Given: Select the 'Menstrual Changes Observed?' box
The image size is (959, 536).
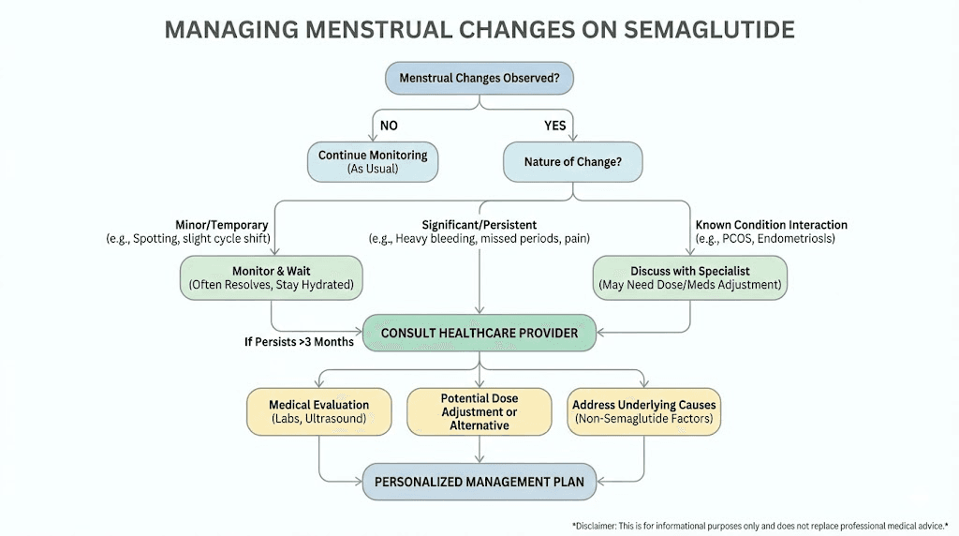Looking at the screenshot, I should pos(479,78).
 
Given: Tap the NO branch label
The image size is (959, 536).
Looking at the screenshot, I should pos(389,126).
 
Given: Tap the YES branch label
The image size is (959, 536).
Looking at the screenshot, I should pos(555,126).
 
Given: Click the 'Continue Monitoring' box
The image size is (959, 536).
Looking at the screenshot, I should pos(372,161).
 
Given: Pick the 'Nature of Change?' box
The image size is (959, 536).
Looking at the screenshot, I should pos(573,161).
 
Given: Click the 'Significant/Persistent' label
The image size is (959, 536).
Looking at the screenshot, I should pos(479,225).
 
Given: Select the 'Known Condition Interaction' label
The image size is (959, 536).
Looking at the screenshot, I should pos(771,225).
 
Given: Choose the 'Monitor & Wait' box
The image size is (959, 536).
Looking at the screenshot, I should pos(271,277).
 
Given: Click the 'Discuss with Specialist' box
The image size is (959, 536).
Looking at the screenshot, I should pos(689,277).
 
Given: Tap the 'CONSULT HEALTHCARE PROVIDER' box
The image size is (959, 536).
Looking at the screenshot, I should pos(479,333).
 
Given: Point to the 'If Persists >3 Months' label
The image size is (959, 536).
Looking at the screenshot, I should pos(299,342).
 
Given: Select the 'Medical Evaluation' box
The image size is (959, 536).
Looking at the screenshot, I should pos(318,411).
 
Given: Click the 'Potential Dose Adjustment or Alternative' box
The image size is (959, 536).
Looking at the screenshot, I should pos(479,411).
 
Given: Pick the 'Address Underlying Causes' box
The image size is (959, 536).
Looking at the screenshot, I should pos(644,411).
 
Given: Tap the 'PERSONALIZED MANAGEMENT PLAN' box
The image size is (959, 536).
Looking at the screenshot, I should pos(479,482).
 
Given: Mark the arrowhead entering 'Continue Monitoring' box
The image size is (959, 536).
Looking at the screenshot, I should pos(372,138).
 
